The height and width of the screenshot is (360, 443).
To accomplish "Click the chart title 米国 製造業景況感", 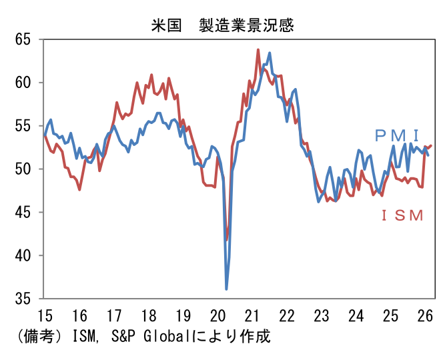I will click(x=222, y=25).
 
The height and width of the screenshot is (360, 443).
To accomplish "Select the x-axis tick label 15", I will click(x=45, y=315).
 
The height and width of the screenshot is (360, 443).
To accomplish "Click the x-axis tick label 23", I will click(x=322, y=315).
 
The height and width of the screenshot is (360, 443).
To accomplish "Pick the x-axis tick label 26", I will click(x=425, y=315).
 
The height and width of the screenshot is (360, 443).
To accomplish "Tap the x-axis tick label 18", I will click(x=148, y=315).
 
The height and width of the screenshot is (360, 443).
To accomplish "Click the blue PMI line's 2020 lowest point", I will click(x=227, y=289).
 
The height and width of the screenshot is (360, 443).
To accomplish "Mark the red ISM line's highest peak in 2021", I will click(x=258, y=50).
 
